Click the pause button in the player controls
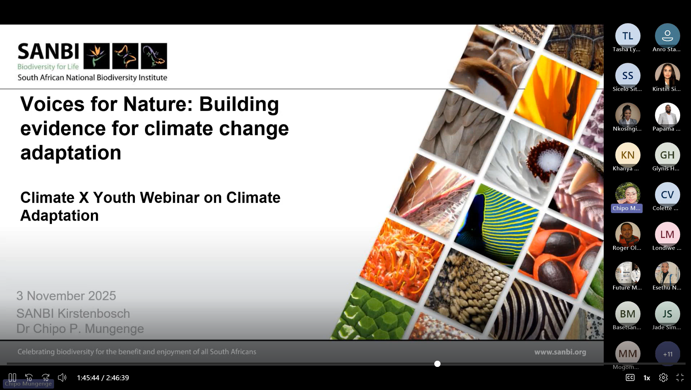click(12, 378)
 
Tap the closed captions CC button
click(630, 378)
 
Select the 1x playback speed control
click(647, 378)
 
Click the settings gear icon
click(663, 378)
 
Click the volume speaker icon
click(62, 378)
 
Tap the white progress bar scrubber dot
click(437, 364)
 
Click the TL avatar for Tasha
click(628, 36)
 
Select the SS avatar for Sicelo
click(628, 75)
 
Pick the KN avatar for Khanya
click(628, 155)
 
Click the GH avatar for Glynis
click(667, 155)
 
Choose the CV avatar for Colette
click(667, 195)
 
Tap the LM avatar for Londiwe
click(667, 234)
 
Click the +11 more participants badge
click(668, 354)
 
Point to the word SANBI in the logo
click(48, 51)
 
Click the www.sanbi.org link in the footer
click(560, 352)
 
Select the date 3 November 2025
click(66, 296)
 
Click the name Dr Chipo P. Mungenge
click(80, 329)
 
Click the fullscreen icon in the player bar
click(680, 378)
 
